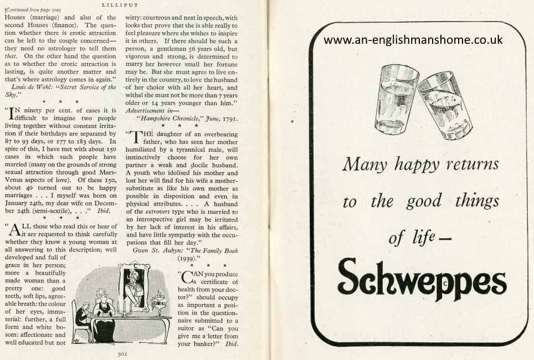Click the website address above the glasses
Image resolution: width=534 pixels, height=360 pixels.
click(413, 40)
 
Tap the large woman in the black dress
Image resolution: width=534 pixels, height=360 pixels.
click(103, 313)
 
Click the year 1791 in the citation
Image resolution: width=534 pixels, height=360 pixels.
click(227, 117)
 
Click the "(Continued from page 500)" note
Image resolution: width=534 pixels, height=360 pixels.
click(33, 10)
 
